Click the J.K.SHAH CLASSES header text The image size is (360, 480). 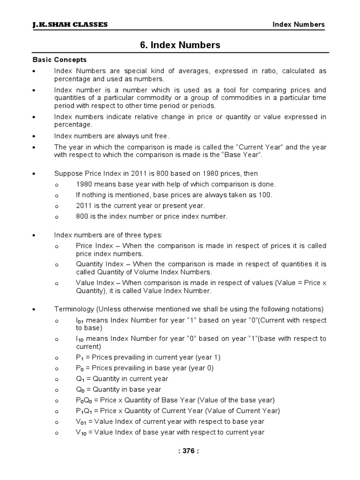click(70, 25)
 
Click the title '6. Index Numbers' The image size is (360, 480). click(180, 45)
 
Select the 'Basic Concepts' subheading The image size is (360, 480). click(60, 60)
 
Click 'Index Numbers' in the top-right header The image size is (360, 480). click(299, 25)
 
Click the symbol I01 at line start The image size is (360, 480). click(80, 321)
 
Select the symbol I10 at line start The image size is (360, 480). click(80, 339)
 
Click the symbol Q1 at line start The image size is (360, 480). click(80, 379)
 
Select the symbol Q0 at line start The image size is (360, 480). click(80, 390)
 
